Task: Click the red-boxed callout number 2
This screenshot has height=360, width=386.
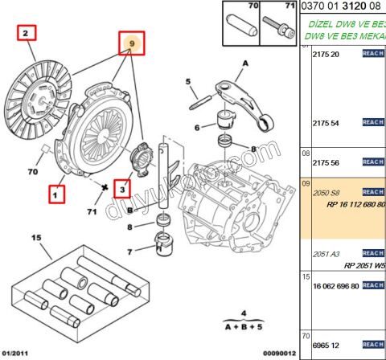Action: click(26, 34)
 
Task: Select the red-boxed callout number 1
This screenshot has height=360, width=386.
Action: click(55, 194)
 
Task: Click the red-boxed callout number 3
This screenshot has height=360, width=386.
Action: click(122, 189)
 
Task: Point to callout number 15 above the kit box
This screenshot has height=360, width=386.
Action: click(35, 238)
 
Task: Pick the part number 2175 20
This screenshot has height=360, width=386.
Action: click(324, 54)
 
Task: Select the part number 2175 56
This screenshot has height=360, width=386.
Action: click(324, 162)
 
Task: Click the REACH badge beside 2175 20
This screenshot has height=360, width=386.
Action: click(373, 53)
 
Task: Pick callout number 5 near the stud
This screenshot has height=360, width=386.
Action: click(188, 81)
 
